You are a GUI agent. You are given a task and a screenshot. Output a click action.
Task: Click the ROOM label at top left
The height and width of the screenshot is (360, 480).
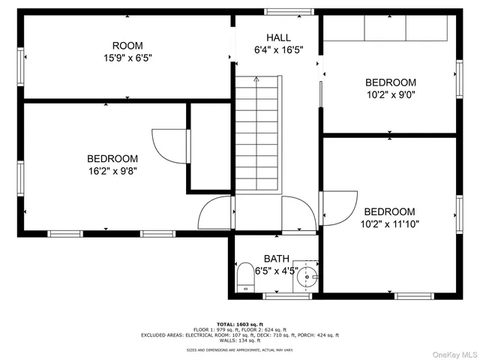click(x=127, y=46)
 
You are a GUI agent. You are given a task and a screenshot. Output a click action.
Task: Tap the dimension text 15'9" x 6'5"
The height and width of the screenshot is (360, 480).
click(x=127, y=58)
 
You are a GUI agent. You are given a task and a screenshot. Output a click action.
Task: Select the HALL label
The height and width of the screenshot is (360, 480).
click(x=278, y=37)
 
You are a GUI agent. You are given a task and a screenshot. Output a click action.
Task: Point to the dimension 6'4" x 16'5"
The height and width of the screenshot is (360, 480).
click(x=278, y=50)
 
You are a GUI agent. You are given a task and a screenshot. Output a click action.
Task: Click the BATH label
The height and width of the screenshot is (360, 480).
click(x=276, y=259)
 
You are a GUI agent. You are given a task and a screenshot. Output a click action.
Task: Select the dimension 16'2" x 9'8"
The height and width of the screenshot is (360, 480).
click(x=112, y=170)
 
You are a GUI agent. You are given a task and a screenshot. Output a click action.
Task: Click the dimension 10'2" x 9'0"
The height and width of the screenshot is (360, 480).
click(x=390, y=95)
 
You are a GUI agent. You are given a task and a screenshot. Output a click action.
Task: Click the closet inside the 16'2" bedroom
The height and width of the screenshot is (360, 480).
click(x=209, y=148)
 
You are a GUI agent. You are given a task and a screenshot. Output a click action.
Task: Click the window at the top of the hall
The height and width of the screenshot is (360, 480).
click(x=278, y=12)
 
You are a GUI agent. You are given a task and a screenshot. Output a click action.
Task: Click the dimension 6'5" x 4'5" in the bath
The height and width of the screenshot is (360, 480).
click(x=276, y=271)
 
